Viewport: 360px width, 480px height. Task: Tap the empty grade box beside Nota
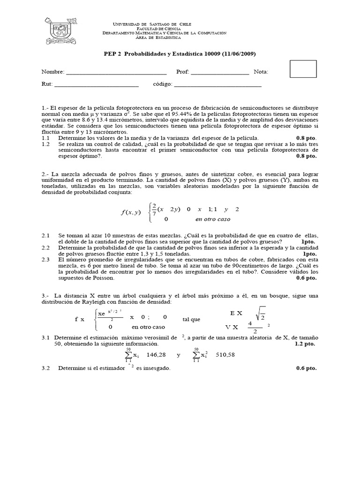(303, 69)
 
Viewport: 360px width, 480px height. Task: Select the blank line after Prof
(220, 73)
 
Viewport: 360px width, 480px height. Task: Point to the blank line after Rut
(97, 86)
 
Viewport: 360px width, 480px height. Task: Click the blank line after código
(217, 86)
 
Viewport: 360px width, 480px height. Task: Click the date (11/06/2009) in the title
(237, 53)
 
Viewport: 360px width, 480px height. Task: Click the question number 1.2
(45, 144)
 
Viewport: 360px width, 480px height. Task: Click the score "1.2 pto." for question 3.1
(306, 344)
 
